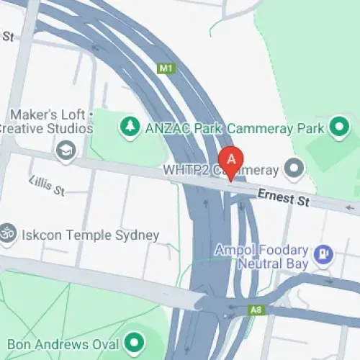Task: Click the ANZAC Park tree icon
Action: [x=130, y=127]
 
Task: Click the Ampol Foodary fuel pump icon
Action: [x=324, y=254]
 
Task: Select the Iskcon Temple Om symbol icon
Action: [x=6, y=235]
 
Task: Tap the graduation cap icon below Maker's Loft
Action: [x=66, y=151]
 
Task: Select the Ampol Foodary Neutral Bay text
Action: [x=262, y=257]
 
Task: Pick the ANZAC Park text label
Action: [x=182, y=127]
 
